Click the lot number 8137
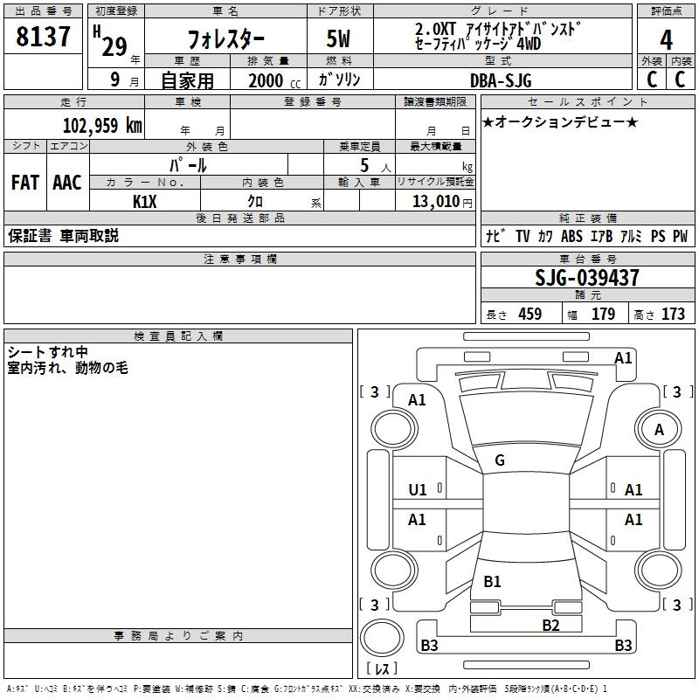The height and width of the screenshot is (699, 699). (x=43, y=38)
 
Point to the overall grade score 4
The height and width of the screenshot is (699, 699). (x=666, y=39)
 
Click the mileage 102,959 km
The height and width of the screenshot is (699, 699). (x=102, y=125)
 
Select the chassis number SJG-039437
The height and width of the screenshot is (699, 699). (x=586, y=279)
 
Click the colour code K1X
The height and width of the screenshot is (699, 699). (x=144, y=202)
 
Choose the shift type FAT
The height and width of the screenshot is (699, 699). (x=24, y=183)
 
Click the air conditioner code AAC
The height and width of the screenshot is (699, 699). (x=67, y=183)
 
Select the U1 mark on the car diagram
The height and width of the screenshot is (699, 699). (x=418, y=490)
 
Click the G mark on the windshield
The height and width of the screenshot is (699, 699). (x=499, y=460)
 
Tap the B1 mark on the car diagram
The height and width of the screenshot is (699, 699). (x=492, y=582)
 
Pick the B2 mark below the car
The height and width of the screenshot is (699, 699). (x=550, y=624)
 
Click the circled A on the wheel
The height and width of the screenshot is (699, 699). (x=659, y=429)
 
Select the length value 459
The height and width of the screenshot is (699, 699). (x=529, y=315)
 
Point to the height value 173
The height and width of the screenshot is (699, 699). (x=673, y=315)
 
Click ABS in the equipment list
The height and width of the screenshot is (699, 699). (x=571, y=236)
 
